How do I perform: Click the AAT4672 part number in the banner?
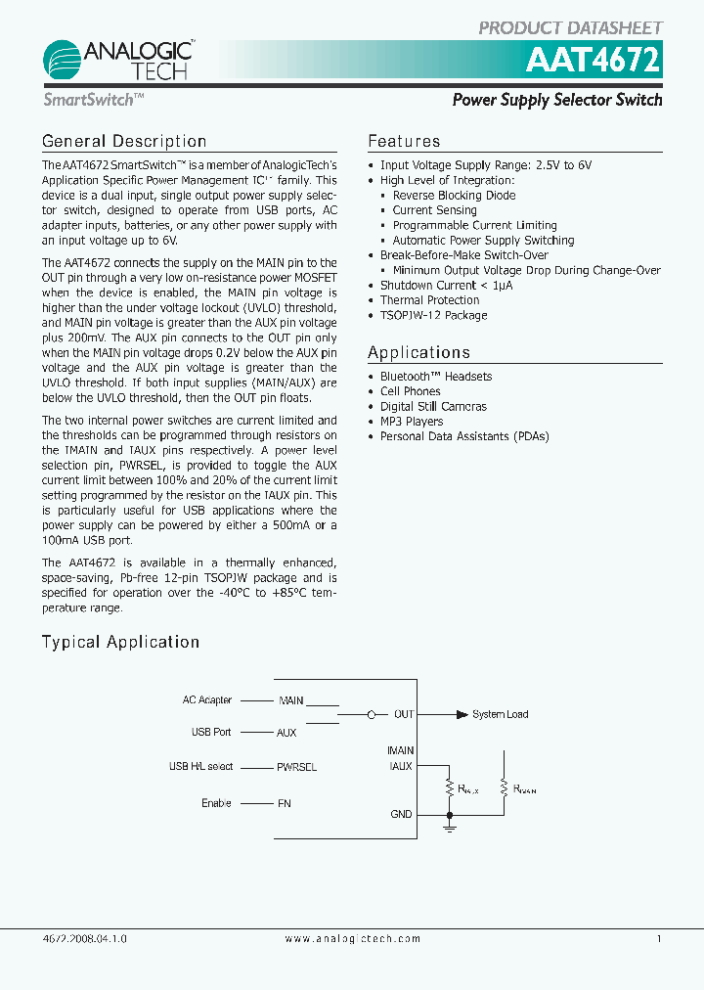(x=594, y=62)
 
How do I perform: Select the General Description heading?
(x=124, y=142)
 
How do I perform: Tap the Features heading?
(x=404, y=142)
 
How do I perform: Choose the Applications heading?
(x=418, y=353)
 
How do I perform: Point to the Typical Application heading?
(x=120, y=643)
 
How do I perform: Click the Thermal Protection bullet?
(x=429, y=300)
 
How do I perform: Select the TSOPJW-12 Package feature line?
(x=433, y=315)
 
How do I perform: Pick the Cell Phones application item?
(x=410, y=391)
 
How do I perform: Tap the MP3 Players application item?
(x=411, y=422)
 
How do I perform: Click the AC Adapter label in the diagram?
(x=207, y=700)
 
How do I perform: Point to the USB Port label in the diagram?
(x=211, y=732)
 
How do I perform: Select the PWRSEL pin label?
(x=297, y=768)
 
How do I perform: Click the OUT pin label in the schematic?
(x=404, y=715)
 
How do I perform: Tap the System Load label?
(x=500, y=715)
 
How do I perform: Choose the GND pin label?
(x=401, y=814)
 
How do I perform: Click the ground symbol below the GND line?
(x=450, y=828)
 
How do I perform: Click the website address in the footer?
(x=352, y=939)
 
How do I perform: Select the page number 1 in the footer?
(x=659, y=939)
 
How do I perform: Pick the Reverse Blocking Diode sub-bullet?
(x=454, y=196)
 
